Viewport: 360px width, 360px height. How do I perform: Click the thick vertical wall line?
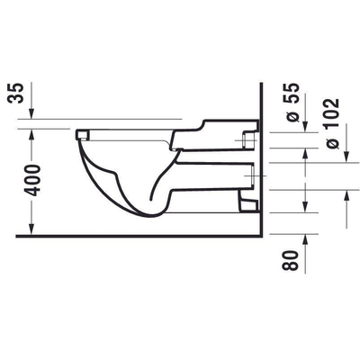tap(260, 153)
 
